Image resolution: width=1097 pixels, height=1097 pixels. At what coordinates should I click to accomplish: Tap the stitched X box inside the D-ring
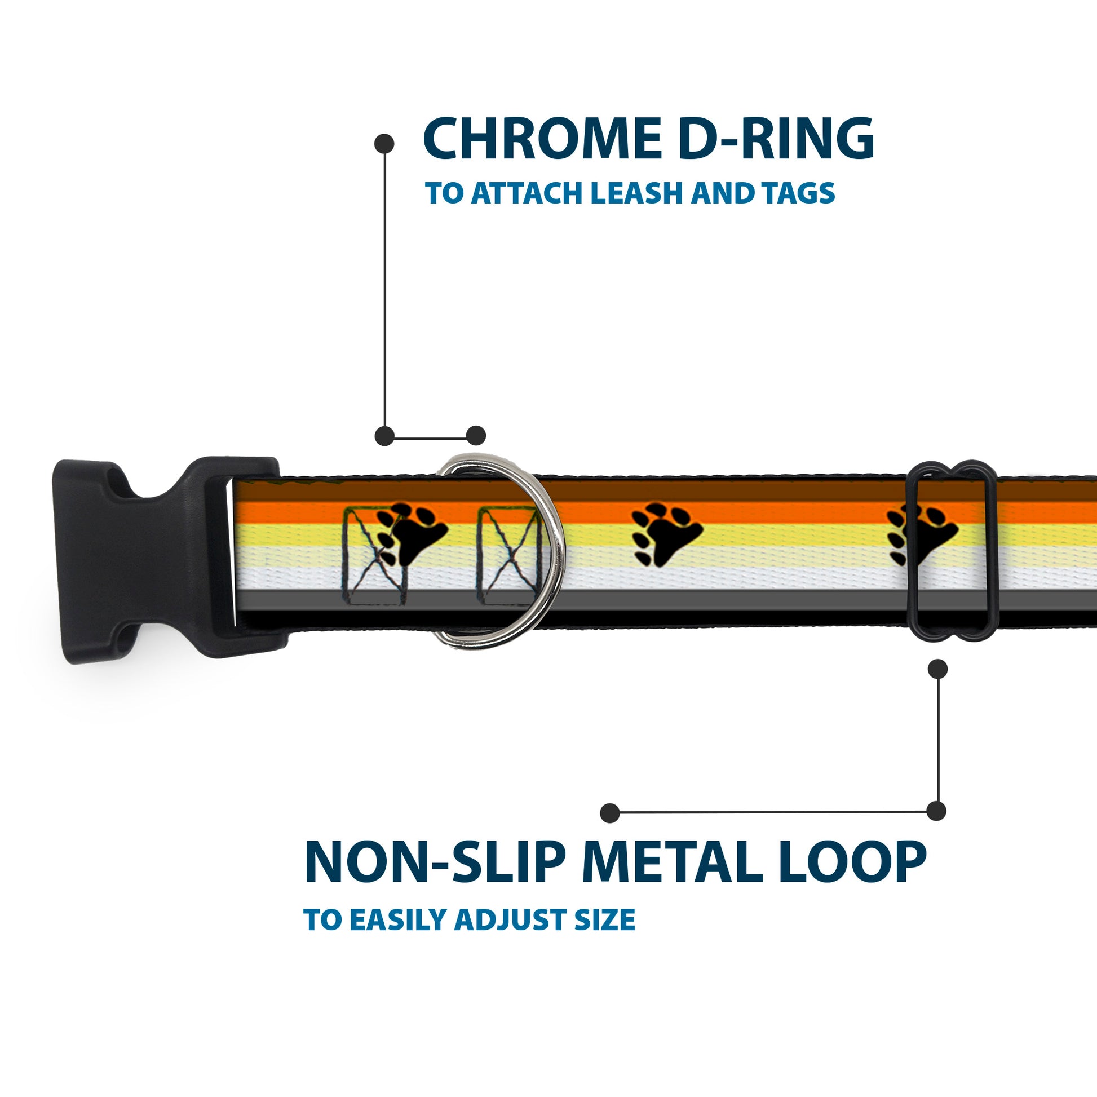pos(508,556)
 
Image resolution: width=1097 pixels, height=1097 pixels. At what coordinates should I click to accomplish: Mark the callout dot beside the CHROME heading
pos(384,144)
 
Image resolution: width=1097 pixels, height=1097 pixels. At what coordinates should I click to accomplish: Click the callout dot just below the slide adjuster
pos(937,669)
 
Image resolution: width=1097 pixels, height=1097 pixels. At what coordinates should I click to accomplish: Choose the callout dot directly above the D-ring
pos(476,436)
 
